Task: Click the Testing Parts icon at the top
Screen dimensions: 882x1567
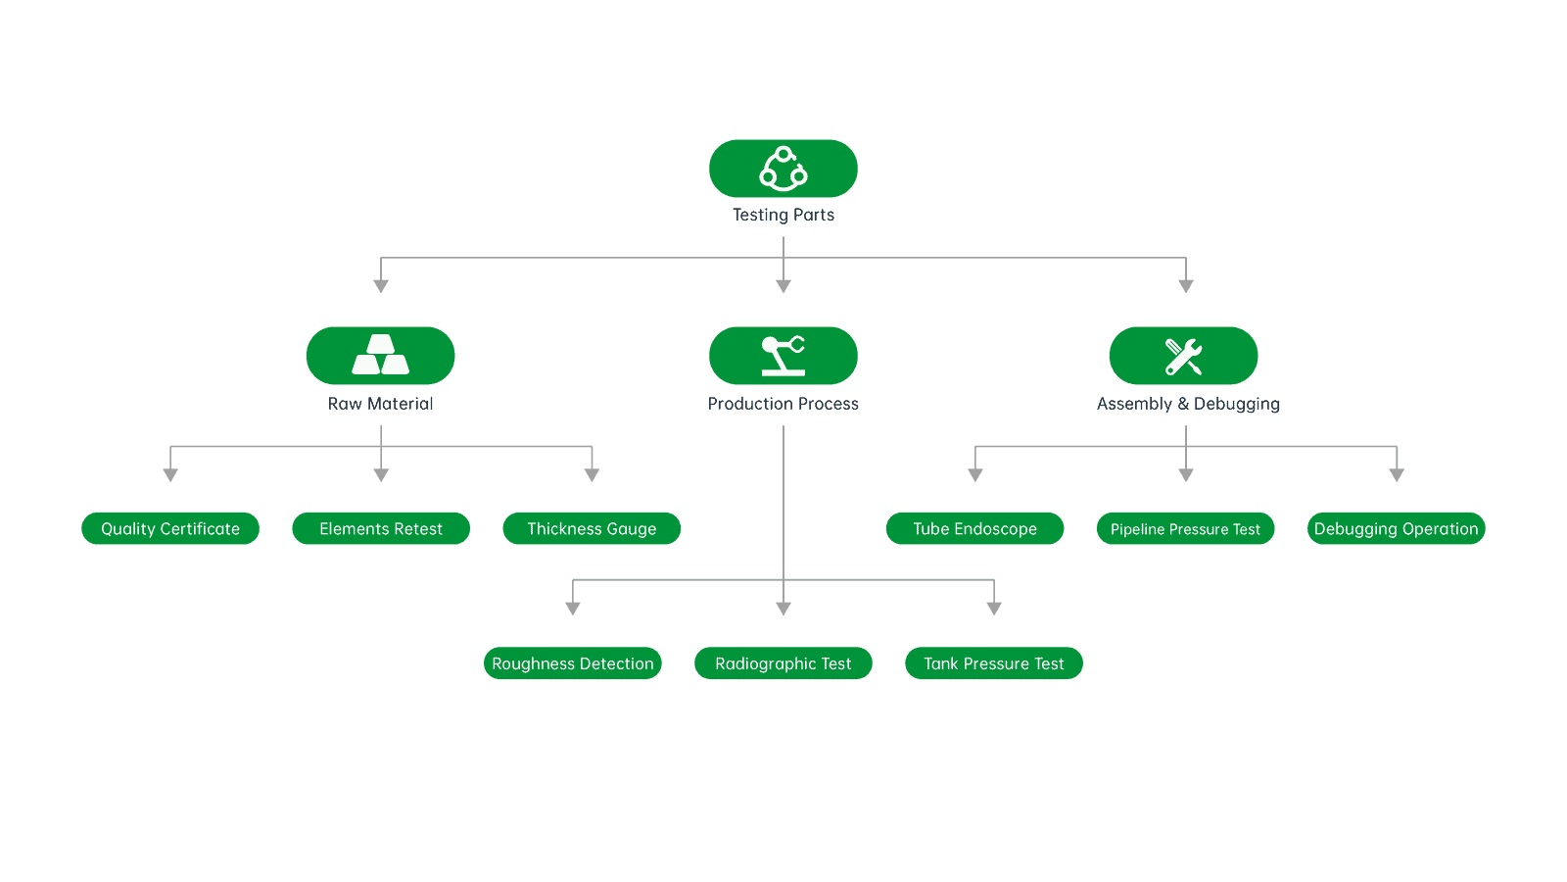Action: click(x=783, y=169)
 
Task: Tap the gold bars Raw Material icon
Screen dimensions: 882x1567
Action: click(x=381, y=356)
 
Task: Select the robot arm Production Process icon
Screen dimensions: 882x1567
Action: click(x=783, y=356)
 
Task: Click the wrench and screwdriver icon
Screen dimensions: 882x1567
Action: click(x=1184, y=356)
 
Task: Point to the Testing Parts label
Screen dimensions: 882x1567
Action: click(x=783, y=215)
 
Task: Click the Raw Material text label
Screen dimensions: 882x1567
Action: click(x=381, y=404)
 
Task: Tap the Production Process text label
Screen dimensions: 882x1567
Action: click(x=783, y=404)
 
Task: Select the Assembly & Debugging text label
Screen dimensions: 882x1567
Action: click(x=1188, y=404)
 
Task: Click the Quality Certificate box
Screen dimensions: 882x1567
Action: click(x=170, y=528)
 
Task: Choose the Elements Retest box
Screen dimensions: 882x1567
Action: click(x=381, y=528)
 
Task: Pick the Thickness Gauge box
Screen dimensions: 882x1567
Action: click(x=592, y=528)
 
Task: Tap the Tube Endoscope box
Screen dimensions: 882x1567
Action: click(x=974, y=528)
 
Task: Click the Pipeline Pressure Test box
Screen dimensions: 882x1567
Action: click(x=1185, y=529)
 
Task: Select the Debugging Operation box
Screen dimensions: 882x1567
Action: click(x=1396, y=528)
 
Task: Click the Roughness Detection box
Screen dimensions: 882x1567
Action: click(x=573, y=663)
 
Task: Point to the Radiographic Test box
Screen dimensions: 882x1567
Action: click(x=783, y=663)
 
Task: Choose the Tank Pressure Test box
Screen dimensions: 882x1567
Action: click(x=994, y=663)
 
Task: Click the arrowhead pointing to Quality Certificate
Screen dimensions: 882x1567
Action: click(x=170, y=475)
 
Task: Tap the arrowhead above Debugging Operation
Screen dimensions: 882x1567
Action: click(x=1397, y=475)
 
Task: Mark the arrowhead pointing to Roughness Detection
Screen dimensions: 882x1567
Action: click(x=573, y=609)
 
